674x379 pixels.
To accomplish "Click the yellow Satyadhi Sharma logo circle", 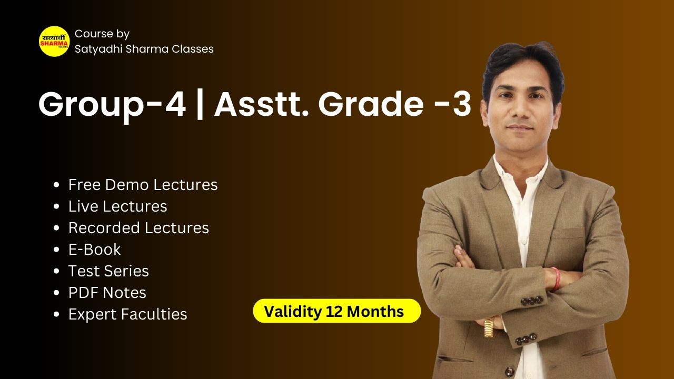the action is [x=54, y=41].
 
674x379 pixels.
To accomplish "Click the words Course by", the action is [x=102, y=34].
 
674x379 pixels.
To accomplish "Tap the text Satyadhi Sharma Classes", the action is [x=144, y=49].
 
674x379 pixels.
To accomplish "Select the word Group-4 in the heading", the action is [x=112, y=105].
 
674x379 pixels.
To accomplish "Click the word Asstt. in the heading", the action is [x=262, y=104].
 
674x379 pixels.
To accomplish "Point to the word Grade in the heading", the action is [x=371, y=104].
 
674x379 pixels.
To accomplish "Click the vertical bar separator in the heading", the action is [x=200, y=104].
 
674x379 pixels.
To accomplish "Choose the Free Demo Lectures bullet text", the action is [x=143, y=185].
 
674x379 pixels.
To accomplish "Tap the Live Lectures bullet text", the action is [x=117, y=206].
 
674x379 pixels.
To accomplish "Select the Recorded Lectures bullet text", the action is [x=138, y=228].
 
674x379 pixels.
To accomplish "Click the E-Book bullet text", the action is [x=94, y=250].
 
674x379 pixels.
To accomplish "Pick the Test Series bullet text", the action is [x=108, y=271].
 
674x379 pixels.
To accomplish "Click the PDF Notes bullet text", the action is [x=107, y=293].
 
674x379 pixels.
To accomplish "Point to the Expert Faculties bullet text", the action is [x=128, y=314].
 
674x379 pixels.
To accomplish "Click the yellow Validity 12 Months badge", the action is [x=337, y=311].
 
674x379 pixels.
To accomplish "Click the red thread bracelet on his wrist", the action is [x=557, y=279].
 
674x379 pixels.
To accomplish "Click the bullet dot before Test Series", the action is [x=56, y=271].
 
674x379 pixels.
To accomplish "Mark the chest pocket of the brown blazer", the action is [x=569, y=234].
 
